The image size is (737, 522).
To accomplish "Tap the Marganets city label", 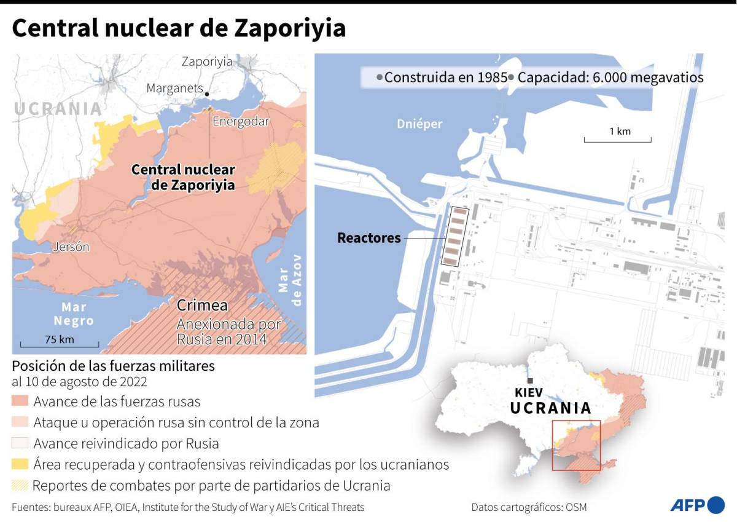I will pyautogui.click(x=174, y=89).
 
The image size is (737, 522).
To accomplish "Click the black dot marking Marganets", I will pyautogui.click(x=208, y=93).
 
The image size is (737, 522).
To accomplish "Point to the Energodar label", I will pyautogui.click(x=241, y=122).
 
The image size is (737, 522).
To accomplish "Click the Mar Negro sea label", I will pyautogui.click(x=74, y=314).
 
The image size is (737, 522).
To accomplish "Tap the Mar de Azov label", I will pyautogui.click(x=291, y=280).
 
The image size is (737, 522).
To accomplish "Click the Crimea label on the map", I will pyautogui.click(x=202, y=306).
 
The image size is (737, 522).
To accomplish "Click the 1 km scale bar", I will pyautogui.click(x=617, y=141).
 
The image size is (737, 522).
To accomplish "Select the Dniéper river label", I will pyautogui.click(x=419, y=124).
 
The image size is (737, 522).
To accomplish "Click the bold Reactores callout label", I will pyautogui.click(x=369, y=238).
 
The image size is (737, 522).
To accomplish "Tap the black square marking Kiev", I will pyautogui.click(x=529, y=381).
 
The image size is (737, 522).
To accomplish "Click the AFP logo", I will pyautogui.click(x=697, y=505).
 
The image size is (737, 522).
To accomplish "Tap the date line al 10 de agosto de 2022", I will pyautogui.click(x=80, y=382).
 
